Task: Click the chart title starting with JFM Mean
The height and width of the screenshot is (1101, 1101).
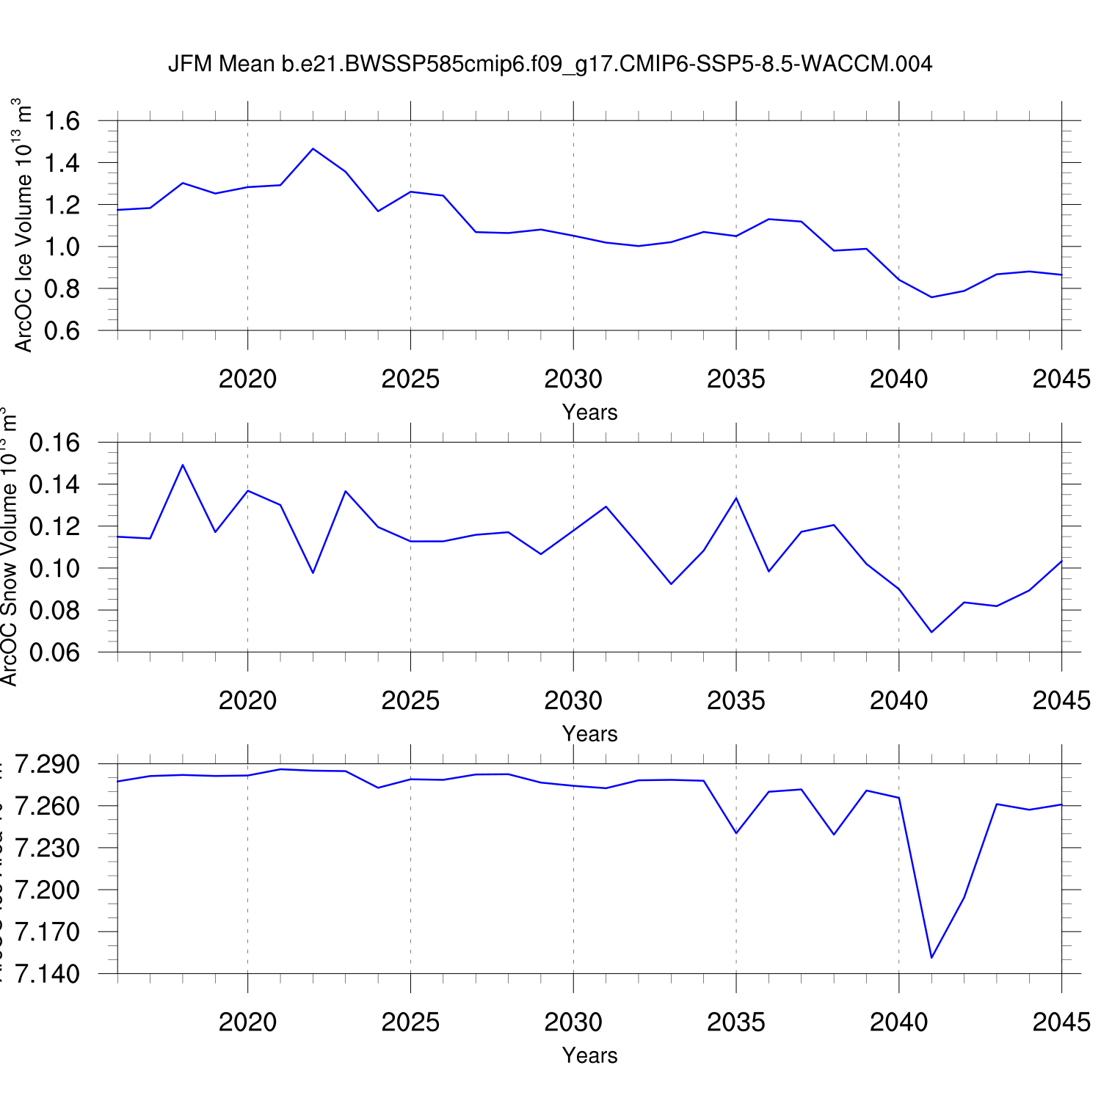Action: pos(550,64)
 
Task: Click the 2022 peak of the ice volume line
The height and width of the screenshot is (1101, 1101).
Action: pos(313,149)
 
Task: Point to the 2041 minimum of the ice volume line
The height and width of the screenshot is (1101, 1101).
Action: pos(931,297)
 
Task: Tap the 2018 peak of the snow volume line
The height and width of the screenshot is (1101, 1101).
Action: pos(183,465)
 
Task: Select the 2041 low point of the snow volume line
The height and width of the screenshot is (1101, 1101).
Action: pos(931,632)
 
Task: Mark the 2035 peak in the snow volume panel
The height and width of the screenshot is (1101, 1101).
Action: pos(736,498)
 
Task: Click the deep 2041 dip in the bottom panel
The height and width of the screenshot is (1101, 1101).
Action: pos(931,957)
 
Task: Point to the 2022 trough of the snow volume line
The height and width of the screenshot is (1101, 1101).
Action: pos(313,573)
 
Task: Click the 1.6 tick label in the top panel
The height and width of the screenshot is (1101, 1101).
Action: pos(62,120)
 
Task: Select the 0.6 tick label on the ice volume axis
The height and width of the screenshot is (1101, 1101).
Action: pos(62,330)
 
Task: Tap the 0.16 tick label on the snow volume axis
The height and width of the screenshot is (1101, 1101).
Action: pos(55,443)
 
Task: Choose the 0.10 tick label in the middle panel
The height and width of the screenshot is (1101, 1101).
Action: pos(55,568)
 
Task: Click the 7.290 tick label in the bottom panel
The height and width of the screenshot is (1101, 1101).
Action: pos(48,765)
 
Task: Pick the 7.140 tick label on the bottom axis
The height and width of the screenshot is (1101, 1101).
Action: pos(48,974)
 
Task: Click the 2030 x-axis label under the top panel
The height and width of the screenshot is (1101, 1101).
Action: pos(573,379)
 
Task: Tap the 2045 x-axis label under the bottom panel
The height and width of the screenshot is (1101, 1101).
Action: pos(1061,1022)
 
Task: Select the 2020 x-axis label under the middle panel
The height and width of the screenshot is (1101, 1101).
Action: pos(248,700)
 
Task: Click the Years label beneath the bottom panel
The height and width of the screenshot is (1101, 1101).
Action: pos(590,1055)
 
